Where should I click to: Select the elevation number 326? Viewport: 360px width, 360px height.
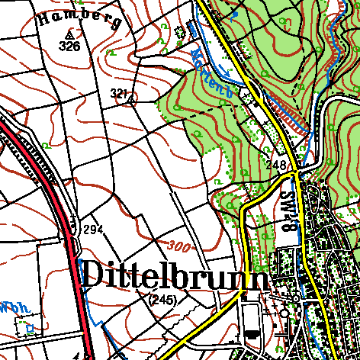69,47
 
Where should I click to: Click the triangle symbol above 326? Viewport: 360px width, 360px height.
69,34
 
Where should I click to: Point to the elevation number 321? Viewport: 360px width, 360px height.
118,92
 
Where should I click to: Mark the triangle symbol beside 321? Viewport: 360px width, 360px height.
130,98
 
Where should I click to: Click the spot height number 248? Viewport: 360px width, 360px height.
276,165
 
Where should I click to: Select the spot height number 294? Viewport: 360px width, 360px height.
93,230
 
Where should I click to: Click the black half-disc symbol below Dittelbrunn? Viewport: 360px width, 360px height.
251,335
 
